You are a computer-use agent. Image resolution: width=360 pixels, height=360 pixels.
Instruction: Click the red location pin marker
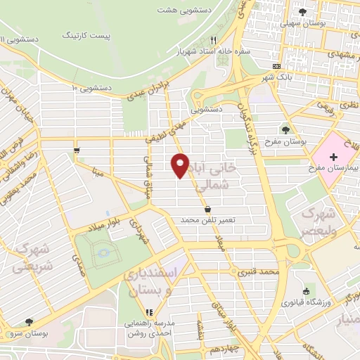click(180, 166)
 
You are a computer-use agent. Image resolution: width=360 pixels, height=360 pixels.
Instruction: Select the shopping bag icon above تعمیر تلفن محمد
click(208, 209)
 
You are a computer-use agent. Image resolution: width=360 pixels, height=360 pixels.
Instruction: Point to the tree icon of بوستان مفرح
click(285, 130)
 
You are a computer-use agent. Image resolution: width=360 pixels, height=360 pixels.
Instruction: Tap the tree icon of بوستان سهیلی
click(303, 12)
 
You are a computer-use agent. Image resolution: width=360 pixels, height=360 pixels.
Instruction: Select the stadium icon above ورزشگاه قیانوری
click(305, 292)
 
